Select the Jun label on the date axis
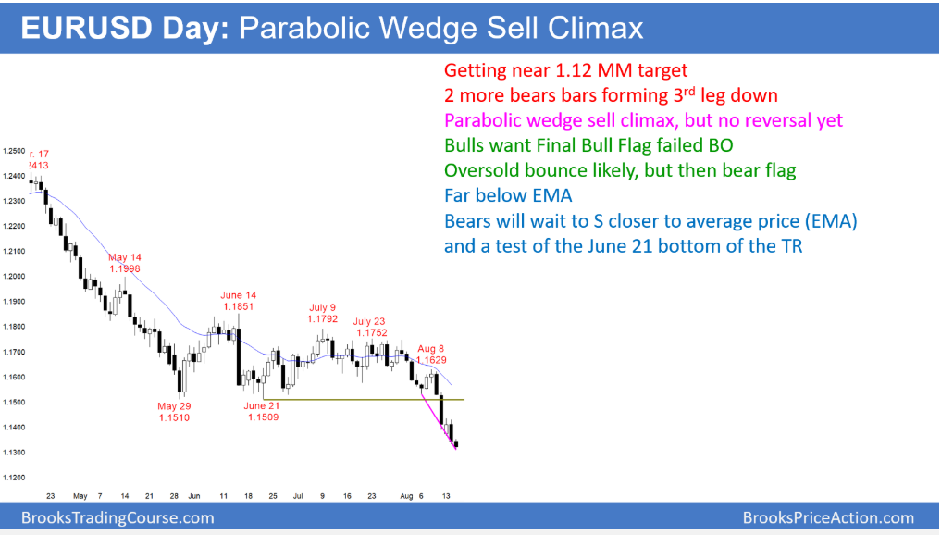tap(193, 496)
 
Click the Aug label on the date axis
tap(406, 496)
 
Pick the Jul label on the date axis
tap(298, 496)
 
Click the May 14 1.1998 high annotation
tap(125, 263)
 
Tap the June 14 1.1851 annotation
tap(238, 301)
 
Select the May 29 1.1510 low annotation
tap(174, 412)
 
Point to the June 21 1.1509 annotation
tap(262, 411)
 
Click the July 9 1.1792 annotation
tap(323, 314)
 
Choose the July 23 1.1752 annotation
tap(370, 328)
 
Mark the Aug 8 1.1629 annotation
tap(431, 355)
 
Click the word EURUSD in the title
tap(87, 28)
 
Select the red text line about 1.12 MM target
tap(565, 70)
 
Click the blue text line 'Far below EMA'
tap(508, 195)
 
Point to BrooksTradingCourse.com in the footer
tap(118, 517)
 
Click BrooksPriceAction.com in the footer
tap(828, 517)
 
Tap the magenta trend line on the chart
tap(439, 420)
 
